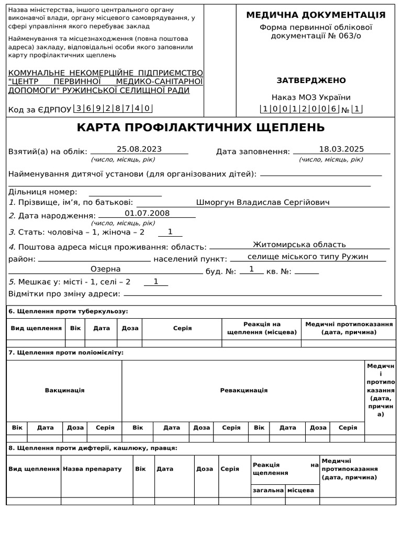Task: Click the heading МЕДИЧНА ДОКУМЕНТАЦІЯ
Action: (x=316, y=15)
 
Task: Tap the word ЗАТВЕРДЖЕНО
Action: (x=311, y=80)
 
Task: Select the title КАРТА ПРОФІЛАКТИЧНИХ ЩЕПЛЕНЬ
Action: (x=200, y=128)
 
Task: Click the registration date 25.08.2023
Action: (x=139, y=149)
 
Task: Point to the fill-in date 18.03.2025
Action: (x=341, y=149)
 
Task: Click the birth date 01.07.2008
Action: (x=147, y=213)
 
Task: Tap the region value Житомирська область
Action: (x=299, y=245)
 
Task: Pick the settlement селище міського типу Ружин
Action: (x=308, y=257)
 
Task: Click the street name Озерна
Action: (x=106, y=269)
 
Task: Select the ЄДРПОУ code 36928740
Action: (x=113, y=109)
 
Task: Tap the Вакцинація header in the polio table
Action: (x=64, y=390)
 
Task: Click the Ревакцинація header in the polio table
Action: (x=243, y=390)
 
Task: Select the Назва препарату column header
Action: (x=92, y=469)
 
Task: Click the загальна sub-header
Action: (x=268, y=491)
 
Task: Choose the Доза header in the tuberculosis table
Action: (x=130, y=329)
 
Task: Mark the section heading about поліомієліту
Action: (x=65, y=353)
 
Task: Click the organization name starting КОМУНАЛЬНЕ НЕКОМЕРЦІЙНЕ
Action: (x=106, y=81)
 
